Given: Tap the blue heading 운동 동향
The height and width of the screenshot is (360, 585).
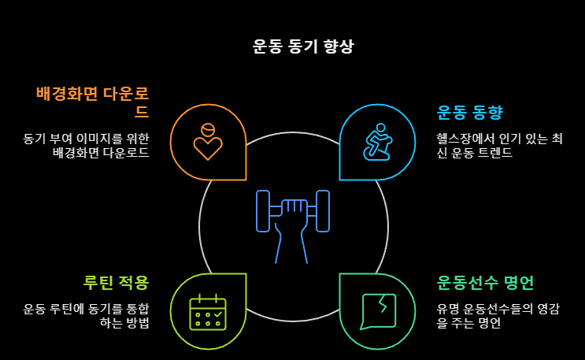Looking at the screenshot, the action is click(x=469, y=112).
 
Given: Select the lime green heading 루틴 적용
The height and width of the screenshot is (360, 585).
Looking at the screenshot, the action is click(x=116, y=282).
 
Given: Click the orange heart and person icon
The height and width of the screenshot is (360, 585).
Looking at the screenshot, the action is click(x=208, y=142).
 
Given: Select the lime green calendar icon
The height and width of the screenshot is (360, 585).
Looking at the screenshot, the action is click(x=208, y=311).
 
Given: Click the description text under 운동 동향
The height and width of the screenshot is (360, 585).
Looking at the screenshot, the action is click(x=499, y=146).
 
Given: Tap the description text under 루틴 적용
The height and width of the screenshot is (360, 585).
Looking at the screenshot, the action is click(x=86, y=315).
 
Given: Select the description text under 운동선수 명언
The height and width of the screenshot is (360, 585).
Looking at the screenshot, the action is click(x=499, y=315).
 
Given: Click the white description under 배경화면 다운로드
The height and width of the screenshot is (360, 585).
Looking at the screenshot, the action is click(x=86, y=146).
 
